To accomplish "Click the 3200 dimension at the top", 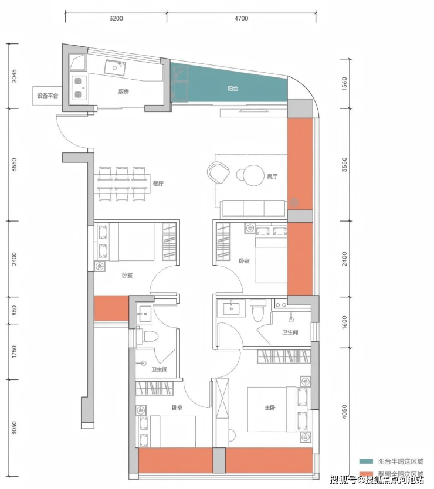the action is (x=116, y=18).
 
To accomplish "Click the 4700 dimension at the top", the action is (x=242, y=18).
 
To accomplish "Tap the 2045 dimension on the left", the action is (x=14, y=76).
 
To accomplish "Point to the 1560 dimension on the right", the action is (x=344, y=84).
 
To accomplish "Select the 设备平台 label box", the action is (x=48, y=96).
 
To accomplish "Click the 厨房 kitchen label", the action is (x=124, y=91).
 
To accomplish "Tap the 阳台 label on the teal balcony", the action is (x=233, y=89).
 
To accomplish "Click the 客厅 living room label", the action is (x=272, y=176).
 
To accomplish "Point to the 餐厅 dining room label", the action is (x=158, y=184).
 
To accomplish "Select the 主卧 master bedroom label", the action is (x=270, y=407).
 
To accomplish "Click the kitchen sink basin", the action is (x=115, y=67).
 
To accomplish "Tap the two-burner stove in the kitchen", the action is (x=77, y=88).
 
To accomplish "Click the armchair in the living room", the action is (x=218, y=173).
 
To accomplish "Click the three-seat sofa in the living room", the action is (x=253, y=209).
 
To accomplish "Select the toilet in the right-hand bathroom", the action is (x=258, y=311).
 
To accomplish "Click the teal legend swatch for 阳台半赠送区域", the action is (x=366, y=461).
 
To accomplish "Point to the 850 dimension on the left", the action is (x=14, y=310).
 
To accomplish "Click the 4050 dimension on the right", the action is (x=344, y=412).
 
